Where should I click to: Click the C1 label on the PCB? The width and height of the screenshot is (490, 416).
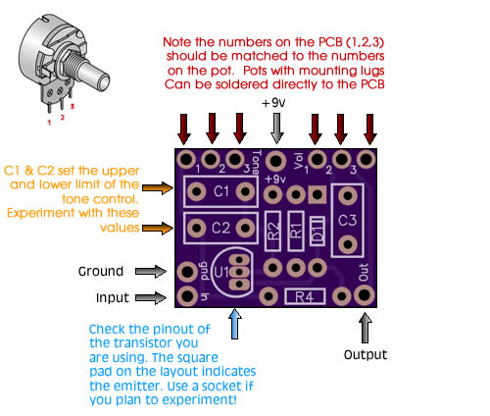220,191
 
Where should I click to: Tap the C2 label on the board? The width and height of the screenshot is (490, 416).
220,228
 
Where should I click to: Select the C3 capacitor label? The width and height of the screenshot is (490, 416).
347,221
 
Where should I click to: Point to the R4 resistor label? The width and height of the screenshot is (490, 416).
305,297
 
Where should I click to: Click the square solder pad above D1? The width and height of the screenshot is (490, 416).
317,195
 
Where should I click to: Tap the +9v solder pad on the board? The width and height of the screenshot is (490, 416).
276,161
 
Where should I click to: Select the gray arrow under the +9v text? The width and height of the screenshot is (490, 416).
276,129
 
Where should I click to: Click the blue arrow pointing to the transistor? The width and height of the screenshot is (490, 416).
234,324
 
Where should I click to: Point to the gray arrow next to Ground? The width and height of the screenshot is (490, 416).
151,272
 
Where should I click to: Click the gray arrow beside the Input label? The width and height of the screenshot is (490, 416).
151,297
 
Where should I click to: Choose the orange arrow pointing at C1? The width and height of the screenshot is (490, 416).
158,187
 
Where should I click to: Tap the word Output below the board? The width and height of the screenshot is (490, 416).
366,354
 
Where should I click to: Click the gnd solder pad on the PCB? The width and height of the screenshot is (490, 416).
187,272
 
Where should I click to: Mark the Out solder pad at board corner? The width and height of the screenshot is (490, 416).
364,295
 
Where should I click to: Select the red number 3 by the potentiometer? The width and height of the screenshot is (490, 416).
73,106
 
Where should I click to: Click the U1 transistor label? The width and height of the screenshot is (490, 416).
221,272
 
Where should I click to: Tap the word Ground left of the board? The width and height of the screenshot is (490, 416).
101,271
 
